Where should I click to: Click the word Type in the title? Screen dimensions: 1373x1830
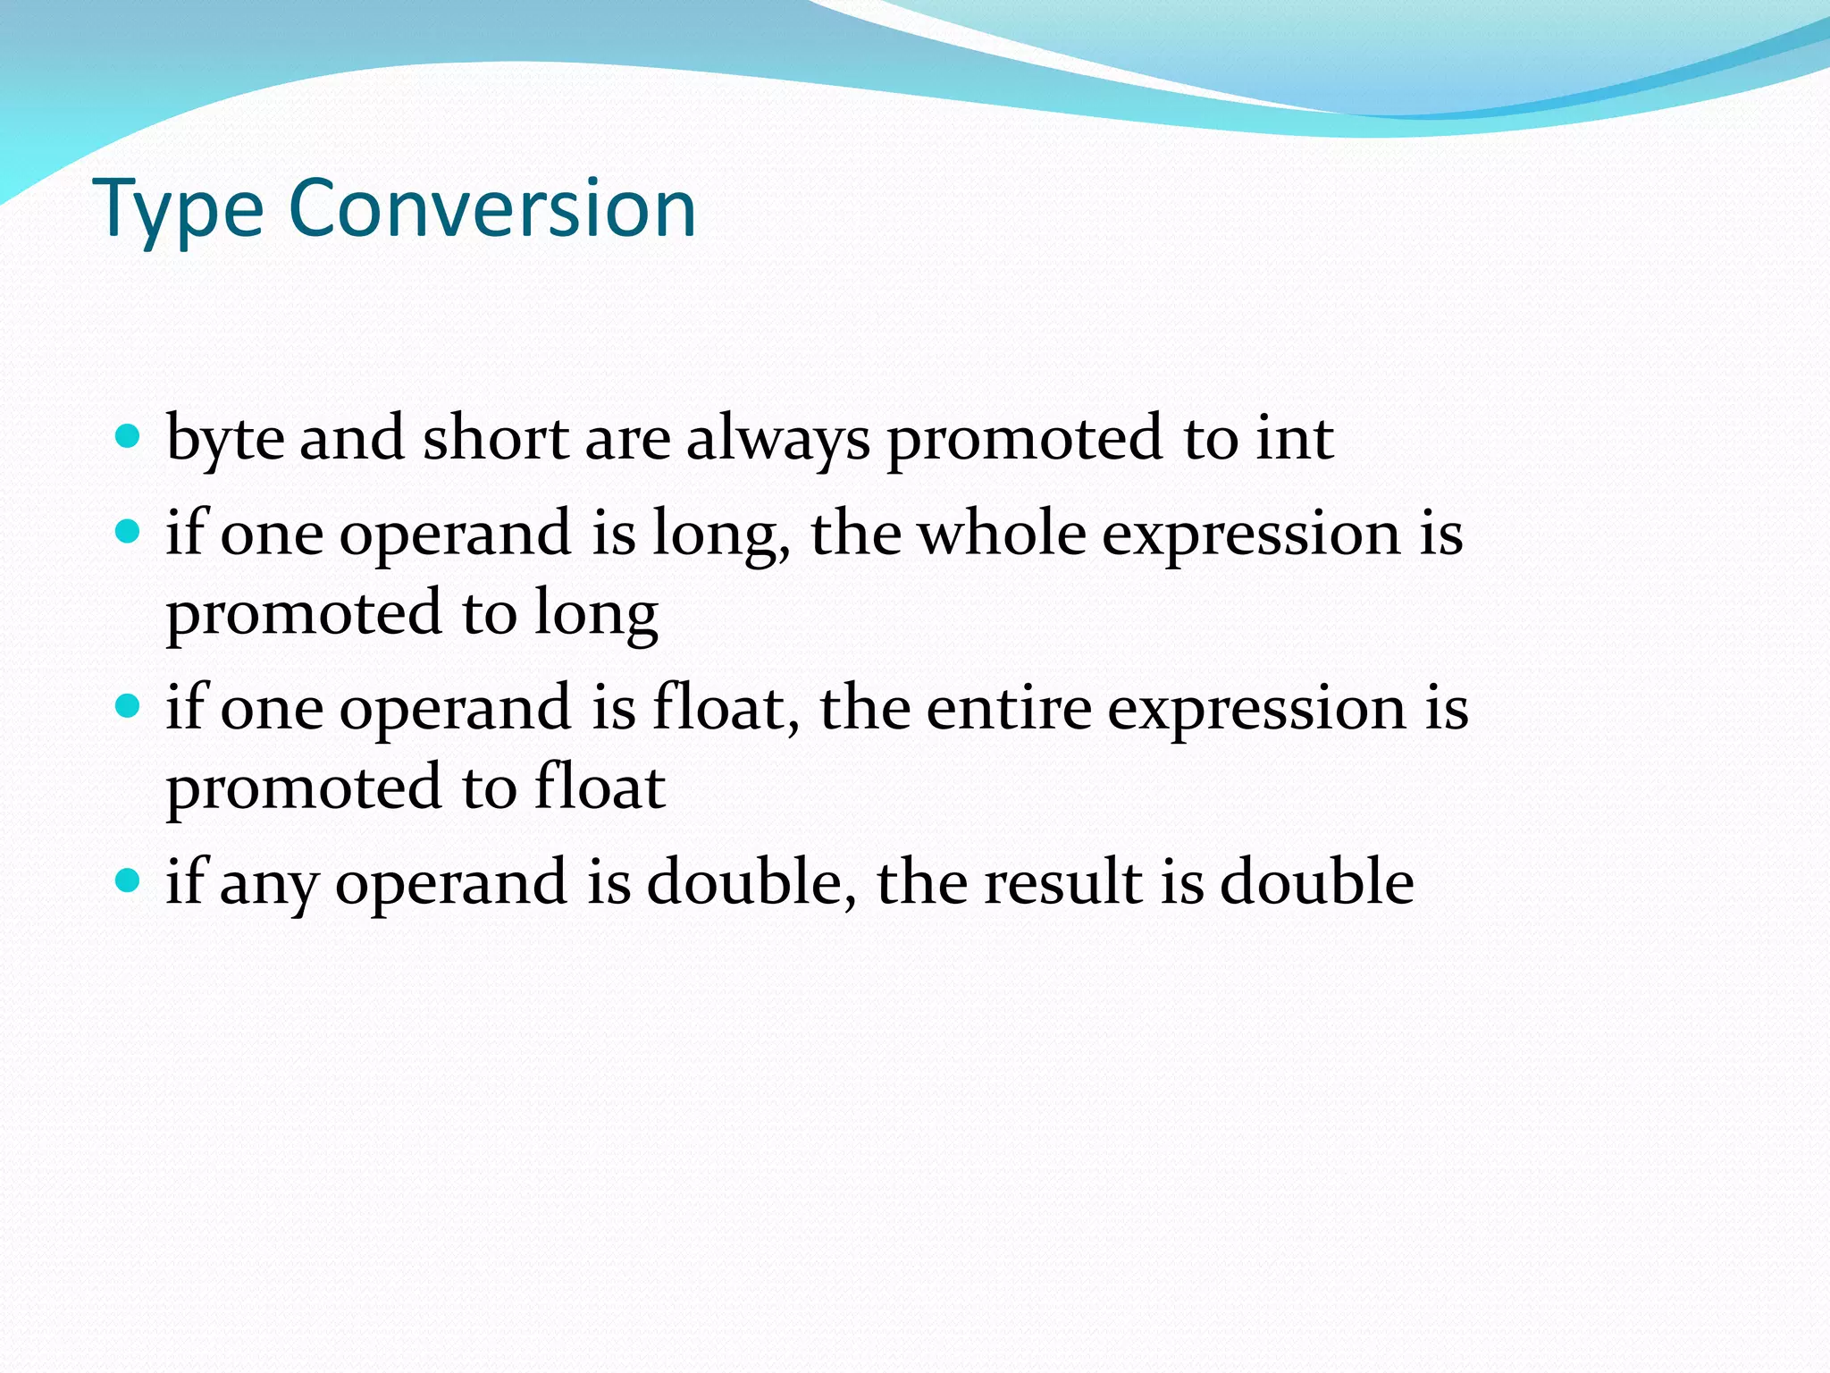178,210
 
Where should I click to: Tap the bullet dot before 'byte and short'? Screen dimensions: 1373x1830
129,437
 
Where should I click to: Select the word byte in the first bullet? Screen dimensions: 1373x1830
225,440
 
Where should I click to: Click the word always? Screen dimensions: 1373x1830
777,440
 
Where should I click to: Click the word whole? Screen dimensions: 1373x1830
1002,534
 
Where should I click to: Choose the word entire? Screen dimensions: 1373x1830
1009,709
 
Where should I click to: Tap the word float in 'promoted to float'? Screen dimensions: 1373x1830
600,788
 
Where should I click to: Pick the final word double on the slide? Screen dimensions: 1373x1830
1317,882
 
